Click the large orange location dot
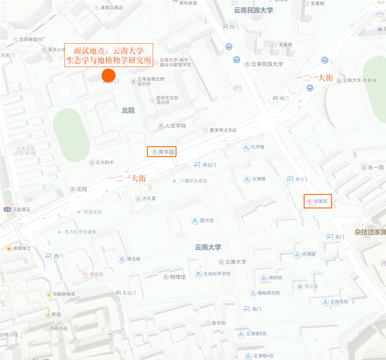tap(108, 75)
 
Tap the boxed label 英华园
tap(164, 151)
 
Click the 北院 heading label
tap(128, 111)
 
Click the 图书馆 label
tap(206, 221)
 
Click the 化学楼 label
tap(257, 147)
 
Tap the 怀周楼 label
tap(309, 254)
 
